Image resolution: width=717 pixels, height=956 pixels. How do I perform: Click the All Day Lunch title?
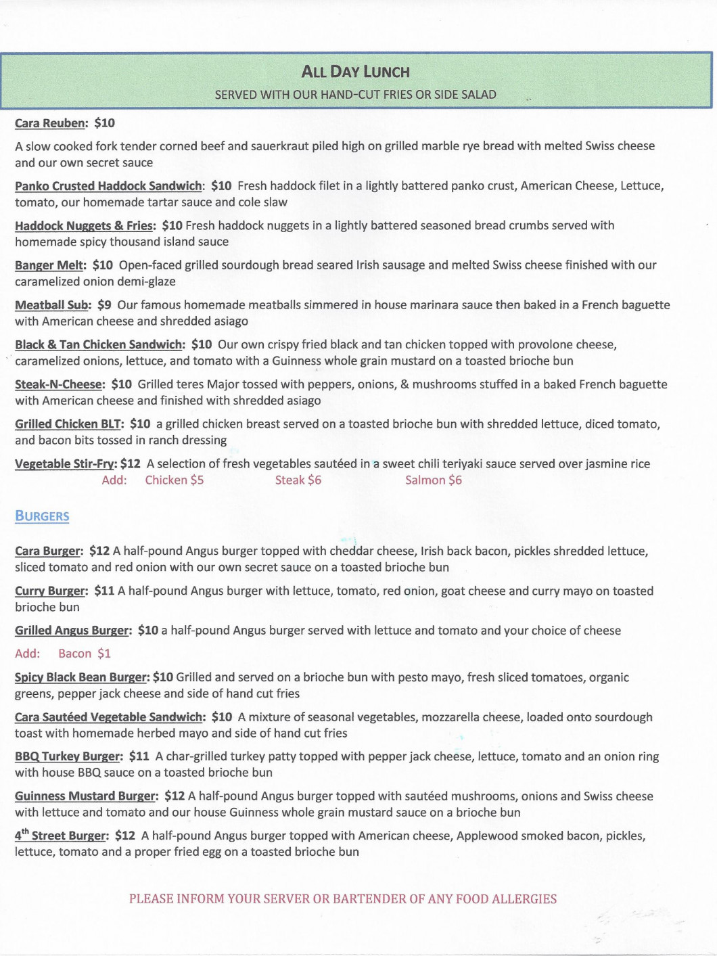click(x=355, y=72)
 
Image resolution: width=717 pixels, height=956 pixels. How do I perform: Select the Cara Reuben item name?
click(x=50, y=123)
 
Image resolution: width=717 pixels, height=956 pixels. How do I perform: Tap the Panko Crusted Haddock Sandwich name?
click(x=108, y=186)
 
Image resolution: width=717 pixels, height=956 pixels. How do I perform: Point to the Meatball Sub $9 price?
click(x=104, y=305)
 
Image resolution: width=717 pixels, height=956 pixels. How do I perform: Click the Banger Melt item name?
click(x=49, y=265)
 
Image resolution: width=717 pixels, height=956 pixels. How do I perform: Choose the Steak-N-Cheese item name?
click(x=59, y=384)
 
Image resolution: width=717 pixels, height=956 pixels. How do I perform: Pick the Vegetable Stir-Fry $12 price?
click(x=131, y=464)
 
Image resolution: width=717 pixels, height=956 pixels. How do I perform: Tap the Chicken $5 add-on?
click(x=174, y=480)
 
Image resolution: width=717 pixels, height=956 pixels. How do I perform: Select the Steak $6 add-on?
click(x=298, y=480)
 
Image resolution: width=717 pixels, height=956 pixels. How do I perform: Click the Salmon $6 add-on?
click(x=433, y=480)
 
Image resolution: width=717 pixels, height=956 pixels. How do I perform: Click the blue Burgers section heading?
click(x=42, y=516)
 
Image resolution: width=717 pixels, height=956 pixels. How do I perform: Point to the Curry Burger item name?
click(x=50, y=591)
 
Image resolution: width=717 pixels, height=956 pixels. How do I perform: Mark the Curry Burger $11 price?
click(x=104, y=591)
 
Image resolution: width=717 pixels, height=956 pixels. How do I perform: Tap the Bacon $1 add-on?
click(x=84, y=654)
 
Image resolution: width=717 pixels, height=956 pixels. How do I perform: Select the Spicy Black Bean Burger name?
click(x=80, y=677)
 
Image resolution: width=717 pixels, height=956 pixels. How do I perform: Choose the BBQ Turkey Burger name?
click(x=68, y=756)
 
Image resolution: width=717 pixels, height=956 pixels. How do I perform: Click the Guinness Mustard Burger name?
click(x=85, y=796)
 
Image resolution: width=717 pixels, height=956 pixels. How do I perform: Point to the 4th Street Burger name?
click(x=60, y=836)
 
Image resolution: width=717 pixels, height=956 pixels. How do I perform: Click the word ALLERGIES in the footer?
click(x=515, y=899)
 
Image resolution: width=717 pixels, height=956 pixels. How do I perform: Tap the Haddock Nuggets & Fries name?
click(x=84, y=226)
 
